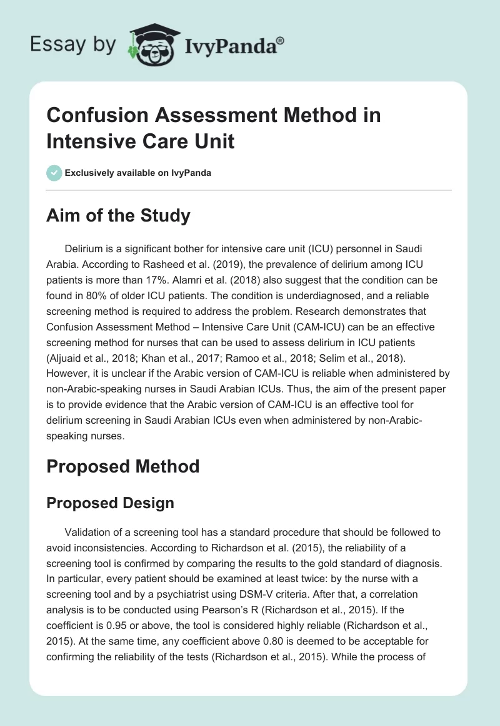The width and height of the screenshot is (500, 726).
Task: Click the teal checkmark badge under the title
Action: pos(54,173)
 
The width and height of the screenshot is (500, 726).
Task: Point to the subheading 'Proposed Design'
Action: pos(111,503)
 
